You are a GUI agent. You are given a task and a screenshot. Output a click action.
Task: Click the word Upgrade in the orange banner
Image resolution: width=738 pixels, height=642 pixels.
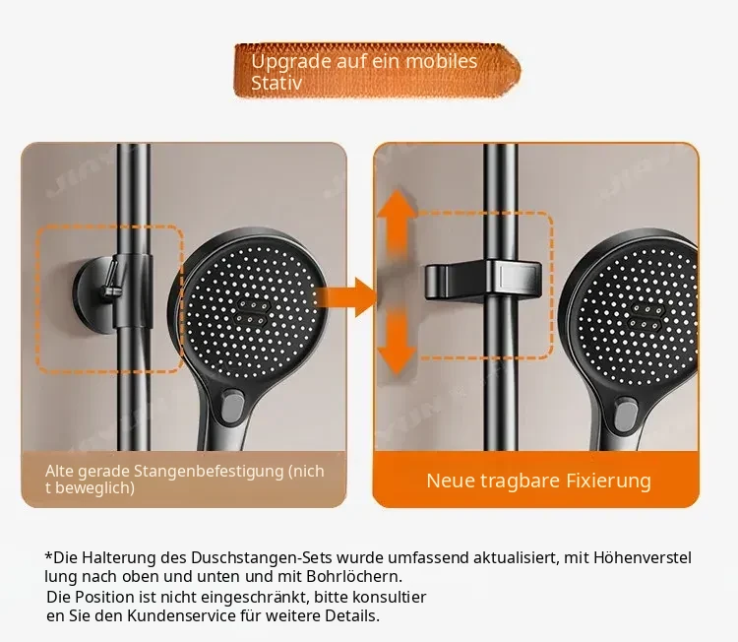coord(291,62)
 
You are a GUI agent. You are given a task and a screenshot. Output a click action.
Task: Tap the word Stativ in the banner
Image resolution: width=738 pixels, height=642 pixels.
coord(277,83)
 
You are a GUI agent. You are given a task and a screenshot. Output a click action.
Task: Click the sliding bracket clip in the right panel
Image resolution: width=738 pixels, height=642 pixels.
coord(483,281)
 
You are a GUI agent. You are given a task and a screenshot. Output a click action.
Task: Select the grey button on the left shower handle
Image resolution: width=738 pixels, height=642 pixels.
coord(232,408)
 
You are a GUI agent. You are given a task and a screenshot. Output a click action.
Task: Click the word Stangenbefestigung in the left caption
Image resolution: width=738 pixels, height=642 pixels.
coord(209,472)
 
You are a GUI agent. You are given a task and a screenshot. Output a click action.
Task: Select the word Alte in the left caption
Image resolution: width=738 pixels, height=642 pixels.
coord(60,471)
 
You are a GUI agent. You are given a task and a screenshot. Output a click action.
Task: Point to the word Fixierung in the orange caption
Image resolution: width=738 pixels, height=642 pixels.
coord(608,481)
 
